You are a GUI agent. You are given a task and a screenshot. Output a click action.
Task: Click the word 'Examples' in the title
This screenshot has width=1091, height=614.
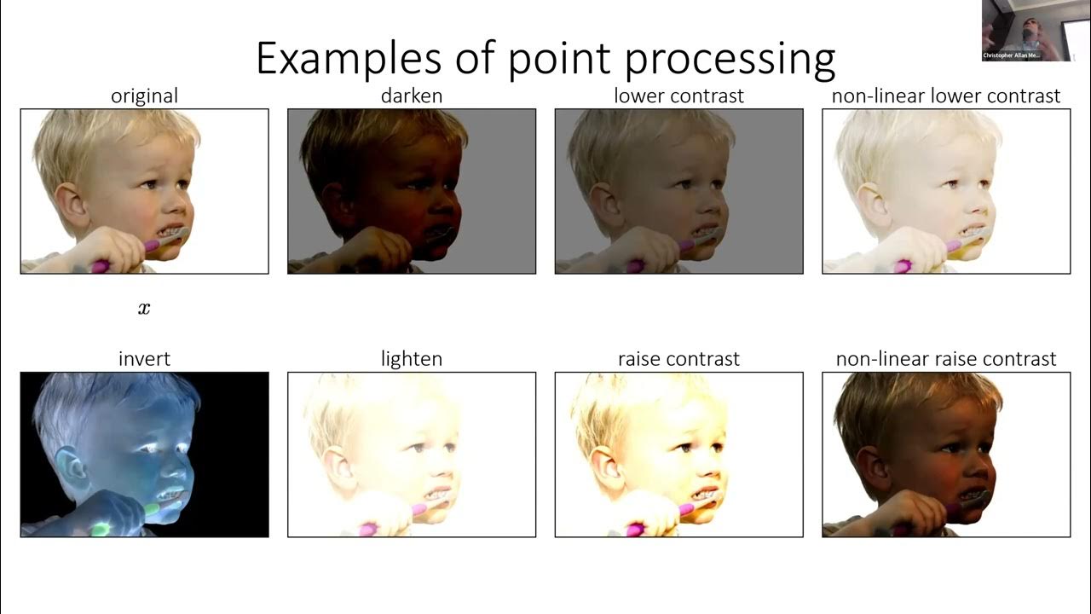tap(349, 60)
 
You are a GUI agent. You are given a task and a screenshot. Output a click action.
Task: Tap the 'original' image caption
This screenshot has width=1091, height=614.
tap(144, 96)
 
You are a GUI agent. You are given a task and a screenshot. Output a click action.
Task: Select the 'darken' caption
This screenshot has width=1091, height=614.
tap(412, 96)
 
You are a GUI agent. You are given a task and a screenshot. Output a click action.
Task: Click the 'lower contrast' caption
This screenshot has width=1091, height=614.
tap(678, 96)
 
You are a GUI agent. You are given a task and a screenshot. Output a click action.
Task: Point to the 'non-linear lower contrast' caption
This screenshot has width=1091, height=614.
tap(946, 96)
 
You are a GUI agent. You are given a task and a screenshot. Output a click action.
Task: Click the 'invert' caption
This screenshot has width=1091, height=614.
tap(144, 359)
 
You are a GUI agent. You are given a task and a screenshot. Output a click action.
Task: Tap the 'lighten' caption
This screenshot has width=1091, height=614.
tap(412, 359)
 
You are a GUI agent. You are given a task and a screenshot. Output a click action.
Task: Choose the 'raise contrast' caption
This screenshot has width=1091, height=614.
tap(678, 359)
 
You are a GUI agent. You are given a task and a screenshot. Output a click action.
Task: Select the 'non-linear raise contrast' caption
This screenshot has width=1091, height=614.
tap(946, 359)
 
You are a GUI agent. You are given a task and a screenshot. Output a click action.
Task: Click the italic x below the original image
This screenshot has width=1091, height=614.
tap(144, 309)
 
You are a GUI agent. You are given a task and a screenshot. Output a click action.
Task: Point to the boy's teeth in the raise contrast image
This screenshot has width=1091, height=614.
tap(706, 495)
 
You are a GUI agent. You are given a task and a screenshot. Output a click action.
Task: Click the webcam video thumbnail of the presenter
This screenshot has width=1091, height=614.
tap(1024, 30)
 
